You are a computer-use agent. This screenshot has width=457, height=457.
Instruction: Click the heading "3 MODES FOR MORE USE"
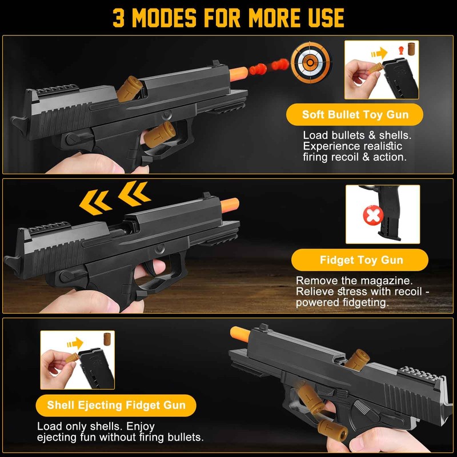coord(228,18)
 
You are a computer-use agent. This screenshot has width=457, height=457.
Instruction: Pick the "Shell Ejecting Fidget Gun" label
coord(117,405)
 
